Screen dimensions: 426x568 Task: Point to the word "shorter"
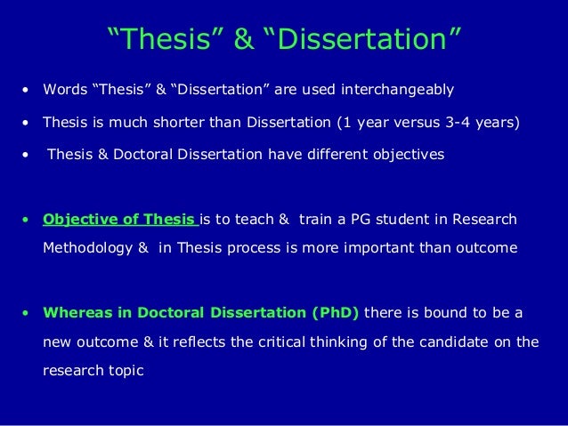[x=186, y=122]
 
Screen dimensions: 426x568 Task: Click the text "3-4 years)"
[x=484, y=122]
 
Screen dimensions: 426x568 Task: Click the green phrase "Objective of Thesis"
[x=118, y=219]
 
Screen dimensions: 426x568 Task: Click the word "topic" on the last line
[x=125, y=371]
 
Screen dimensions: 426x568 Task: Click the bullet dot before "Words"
[x=26, y=91]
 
